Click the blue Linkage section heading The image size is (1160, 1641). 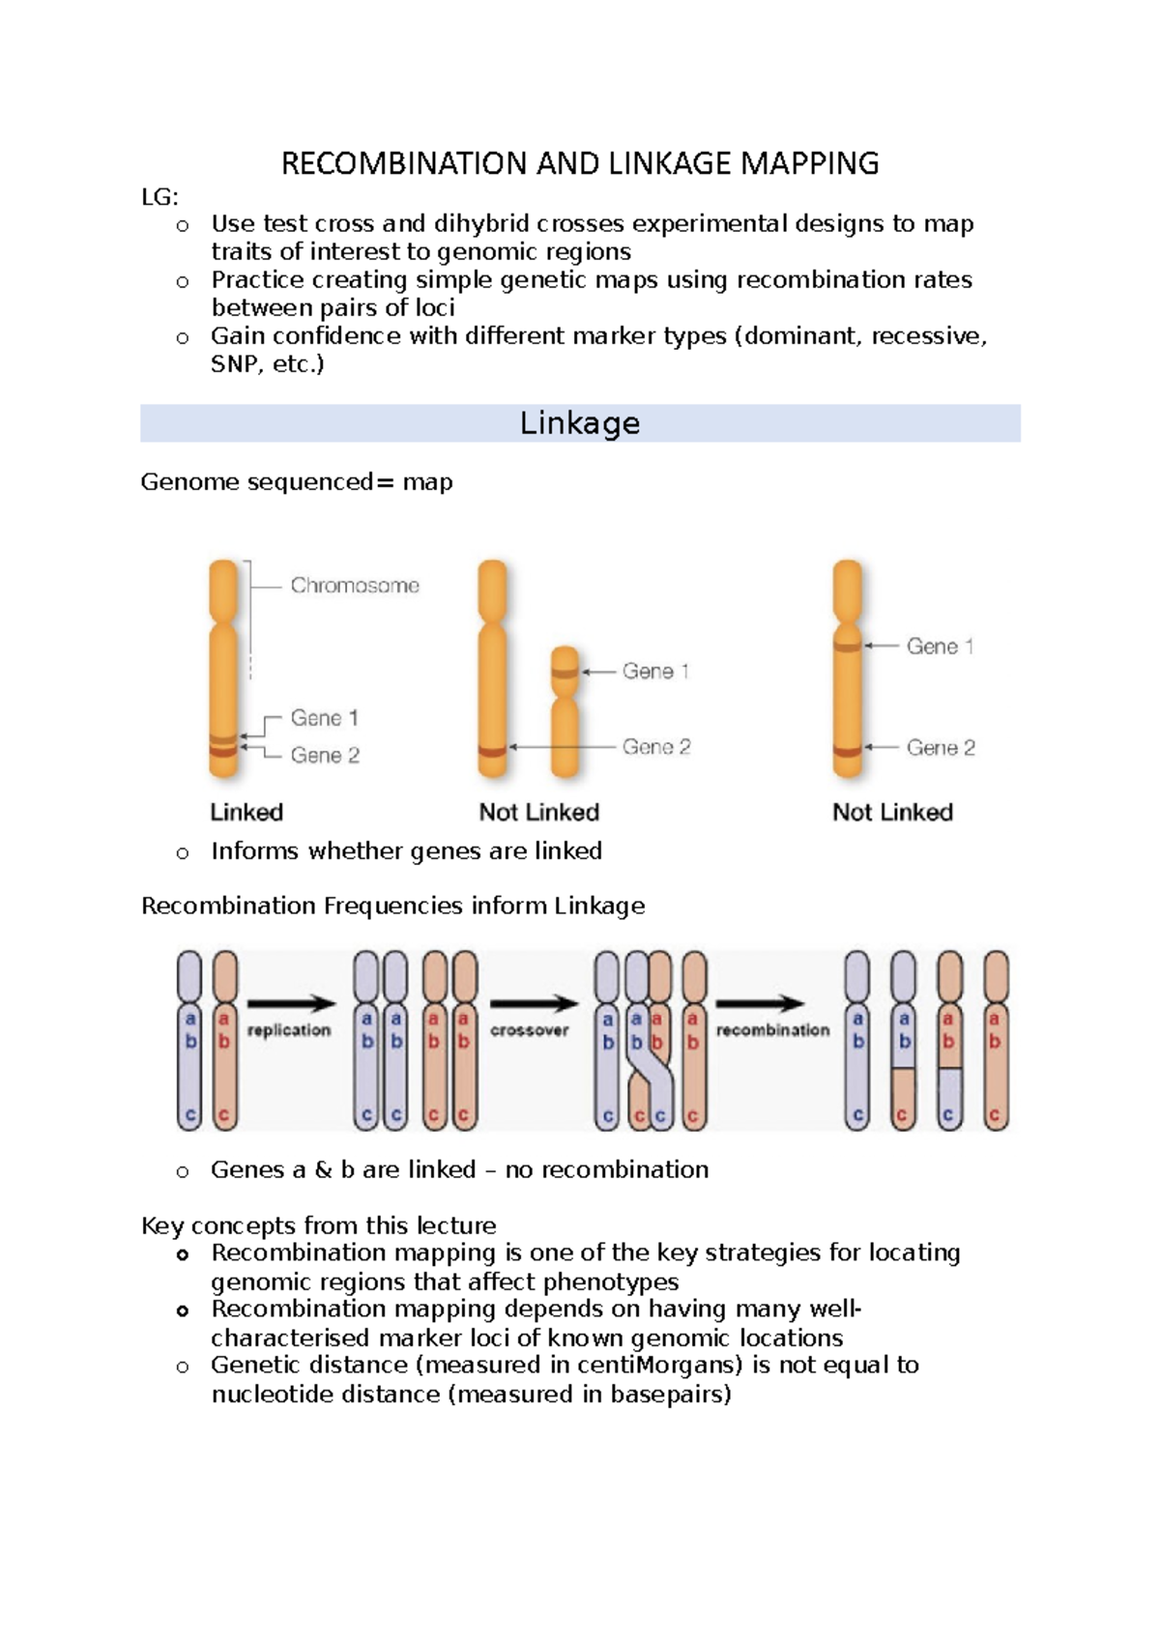(580, 423)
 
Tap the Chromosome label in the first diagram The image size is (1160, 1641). (355, 586)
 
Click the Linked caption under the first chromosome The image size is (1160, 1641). (246, 812)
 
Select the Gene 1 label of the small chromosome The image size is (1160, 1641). (655, 671)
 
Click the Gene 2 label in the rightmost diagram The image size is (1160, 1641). (940, 747)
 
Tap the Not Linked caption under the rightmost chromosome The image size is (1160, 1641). (892, 812)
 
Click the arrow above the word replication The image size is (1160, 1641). (290, 1004)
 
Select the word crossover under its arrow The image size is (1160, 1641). (529, 1030)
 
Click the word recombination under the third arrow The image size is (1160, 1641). (772, 1030)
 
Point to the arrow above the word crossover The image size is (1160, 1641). (533, 1004)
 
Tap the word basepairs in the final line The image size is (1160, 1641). (666, 1394)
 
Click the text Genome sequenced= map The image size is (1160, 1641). (296, 481)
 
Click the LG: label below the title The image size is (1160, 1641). (159, 197)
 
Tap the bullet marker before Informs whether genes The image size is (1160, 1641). (183, 852)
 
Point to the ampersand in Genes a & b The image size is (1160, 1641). (323, 1169)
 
